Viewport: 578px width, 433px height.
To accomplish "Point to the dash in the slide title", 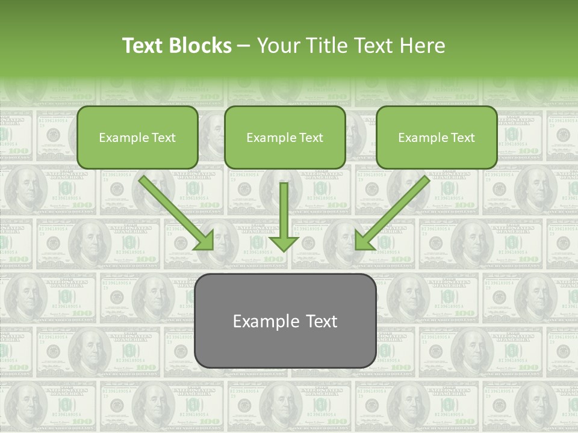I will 244,46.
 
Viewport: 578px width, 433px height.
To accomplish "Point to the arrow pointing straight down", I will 284,216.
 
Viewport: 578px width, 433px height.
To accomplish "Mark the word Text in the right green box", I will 462,138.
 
